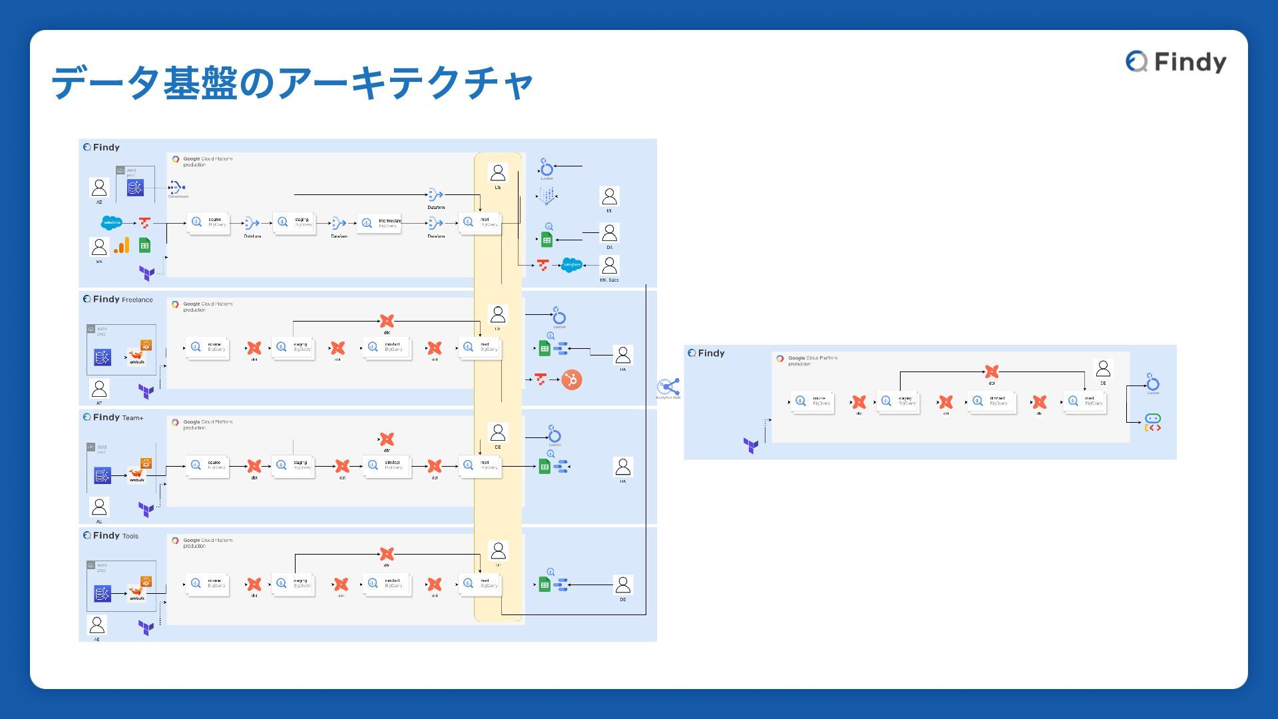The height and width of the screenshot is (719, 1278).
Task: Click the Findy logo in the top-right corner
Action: (1175, 62)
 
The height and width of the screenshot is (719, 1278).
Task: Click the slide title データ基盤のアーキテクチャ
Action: (292, 83)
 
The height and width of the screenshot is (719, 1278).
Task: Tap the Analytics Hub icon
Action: (668, 387)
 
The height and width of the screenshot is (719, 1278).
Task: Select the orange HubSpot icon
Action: (571, 379)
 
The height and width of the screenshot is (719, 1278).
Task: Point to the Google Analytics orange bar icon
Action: (121, 246)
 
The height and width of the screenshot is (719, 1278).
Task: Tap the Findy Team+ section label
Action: (113, 417)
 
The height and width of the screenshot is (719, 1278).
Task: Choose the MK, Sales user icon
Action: (609, 265)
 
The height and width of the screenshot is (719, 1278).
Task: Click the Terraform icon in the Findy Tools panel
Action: (146, 627)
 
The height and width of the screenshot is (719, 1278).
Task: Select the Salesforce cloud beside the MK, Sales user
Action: (572, 265)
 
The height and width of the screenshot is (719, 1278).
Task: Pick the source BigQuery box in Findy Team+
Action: (208, 465)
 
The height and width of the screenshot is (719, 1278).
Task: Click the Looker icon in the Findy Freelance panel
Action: (559, 316)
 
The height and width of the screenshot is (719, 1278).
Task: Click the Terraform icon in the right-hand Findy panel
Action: (751, 445)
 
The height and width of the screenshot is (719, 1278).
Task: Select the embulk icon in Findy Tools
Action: (137, 592)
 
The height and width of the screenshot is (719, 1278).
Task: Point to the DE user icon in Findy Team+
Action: (498, 433)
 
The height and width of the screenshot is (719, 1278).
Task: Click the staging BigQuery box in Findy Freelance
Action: (294, 347)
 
